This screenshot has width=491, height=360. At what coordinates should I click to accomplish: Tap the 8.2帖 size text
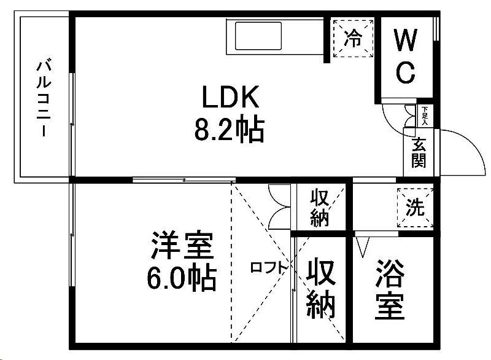coord(229,130)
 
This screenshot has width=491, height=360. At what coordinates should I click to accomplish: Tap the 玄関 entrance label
coord(419,153)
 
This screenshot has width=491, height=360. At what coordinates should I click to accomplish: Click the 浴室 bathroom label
coord(390,289)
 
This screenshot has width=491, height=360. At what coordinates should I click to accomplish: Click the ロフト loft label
coord(269,267)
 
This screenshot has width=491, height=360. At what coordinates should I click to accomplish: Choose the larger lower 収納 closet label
coord(322,288)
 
